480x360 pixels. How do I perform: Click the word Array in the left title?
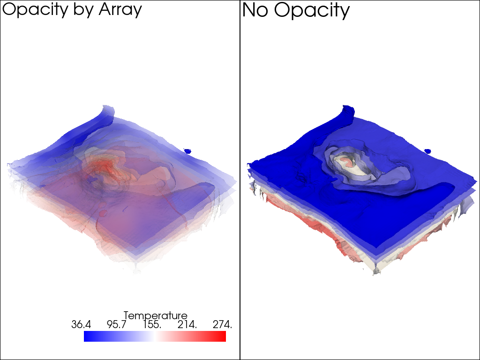120,10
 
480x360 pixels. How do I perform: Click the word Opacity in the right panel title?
312,10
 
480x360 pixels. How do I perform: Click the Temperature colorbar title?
155,315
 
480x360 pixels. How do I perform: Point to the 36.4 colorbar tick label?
81,324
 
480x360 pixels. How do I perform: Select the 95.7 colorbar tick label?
117,324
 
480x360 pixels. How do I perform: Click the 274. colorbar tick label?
222,324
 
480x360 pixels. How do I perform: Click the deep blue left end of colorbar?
88,336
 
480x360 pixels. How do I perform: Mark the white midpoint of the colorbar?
155,336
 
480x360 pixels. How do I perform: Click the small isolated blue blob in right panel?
427,151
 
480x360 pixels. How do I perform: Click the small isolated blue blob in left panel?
187,151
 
